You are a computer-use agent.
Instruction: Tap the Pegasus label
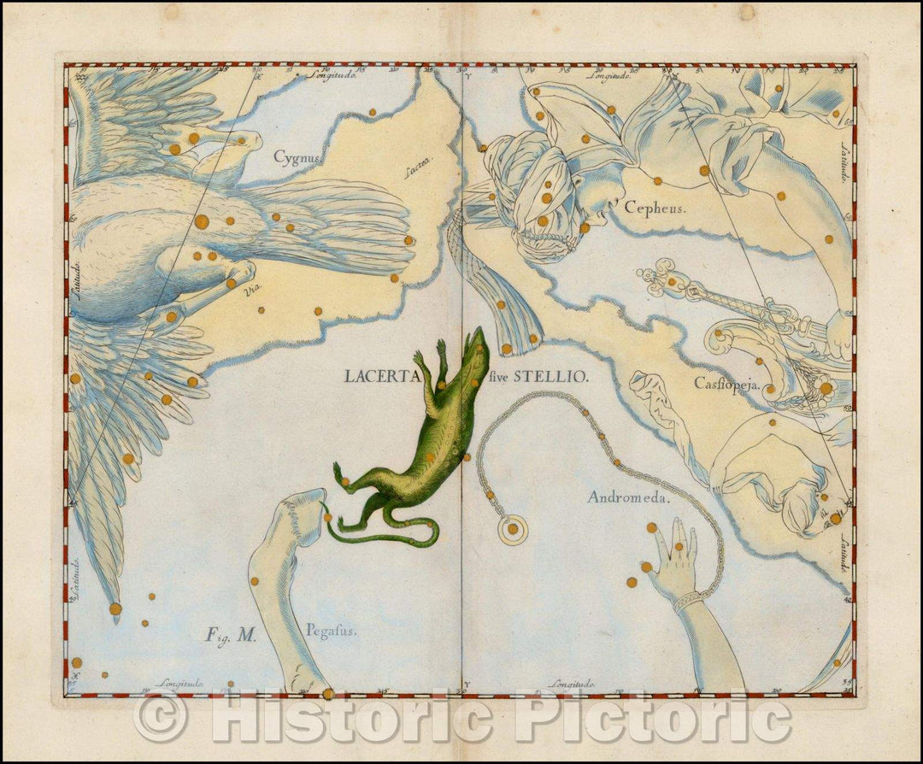[331, 631]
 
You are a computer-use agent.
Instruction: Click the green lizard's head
[477, 342]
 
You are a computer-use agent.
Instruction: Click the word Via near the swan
[252, 291]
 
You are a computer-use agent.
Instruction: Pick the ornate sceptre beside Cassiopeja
[726, 299]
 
